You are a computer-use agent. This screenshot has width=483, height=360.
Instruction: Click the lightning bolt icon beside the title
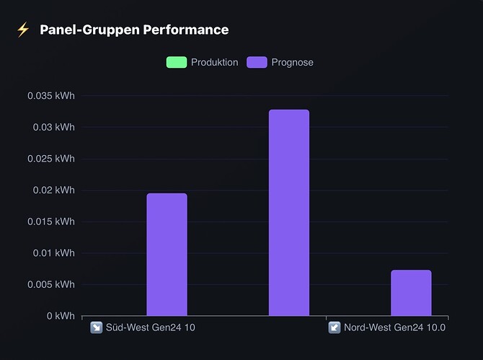coord(23,30)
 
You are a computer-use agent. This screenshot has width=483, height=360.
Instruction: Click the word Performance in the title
coord(186,30)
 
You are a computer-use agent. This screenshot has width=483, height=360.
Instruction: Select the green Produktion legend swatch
coord(177,62)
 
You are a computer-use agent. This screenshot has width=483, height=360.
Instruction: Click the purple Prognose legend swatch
coord(257,62)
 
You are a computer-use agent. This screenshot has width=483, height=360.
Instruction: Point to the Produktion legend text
coord(215,62)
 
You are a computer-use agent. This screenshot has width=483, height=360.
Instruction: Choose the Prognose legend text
coord(293,63)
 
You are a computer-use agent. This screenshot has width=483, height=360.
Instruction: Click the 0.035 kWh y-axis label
coord(51,95)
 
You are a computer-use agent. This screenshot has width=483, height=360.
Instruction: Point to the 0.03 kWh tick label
coord(54,127)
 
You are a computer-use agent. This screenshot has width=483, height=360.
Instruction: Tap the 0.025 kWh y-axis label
coord(51,159)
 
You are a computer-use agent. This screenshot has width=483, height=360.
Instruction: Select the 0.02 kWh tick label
coord(54,190)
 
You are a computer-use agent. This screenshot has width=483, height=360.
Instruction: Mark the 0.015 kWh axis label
coord(51,221)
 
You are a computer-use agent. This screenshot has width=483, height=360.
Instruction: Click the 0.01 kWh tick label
coord(54,253)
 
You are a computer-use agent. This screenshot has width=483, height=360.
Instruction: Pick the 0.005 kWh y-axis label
coord(51,284)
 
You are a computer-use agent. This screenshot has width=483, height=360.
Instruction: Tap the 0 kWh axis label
coord(61,315)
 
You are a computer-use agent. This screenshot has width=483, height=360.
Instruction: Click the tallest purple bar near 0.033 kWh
coord(289,212)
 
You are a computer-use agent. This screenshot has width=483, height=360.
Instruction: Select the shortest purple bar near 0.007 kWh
coord(411,293)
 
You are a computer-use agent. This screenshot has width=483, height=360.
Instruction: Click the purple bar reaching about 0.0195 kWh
coord(167,254)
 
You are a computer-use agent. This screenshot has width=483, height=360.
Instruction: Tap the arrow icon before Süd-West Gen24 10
coord(97,328)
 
